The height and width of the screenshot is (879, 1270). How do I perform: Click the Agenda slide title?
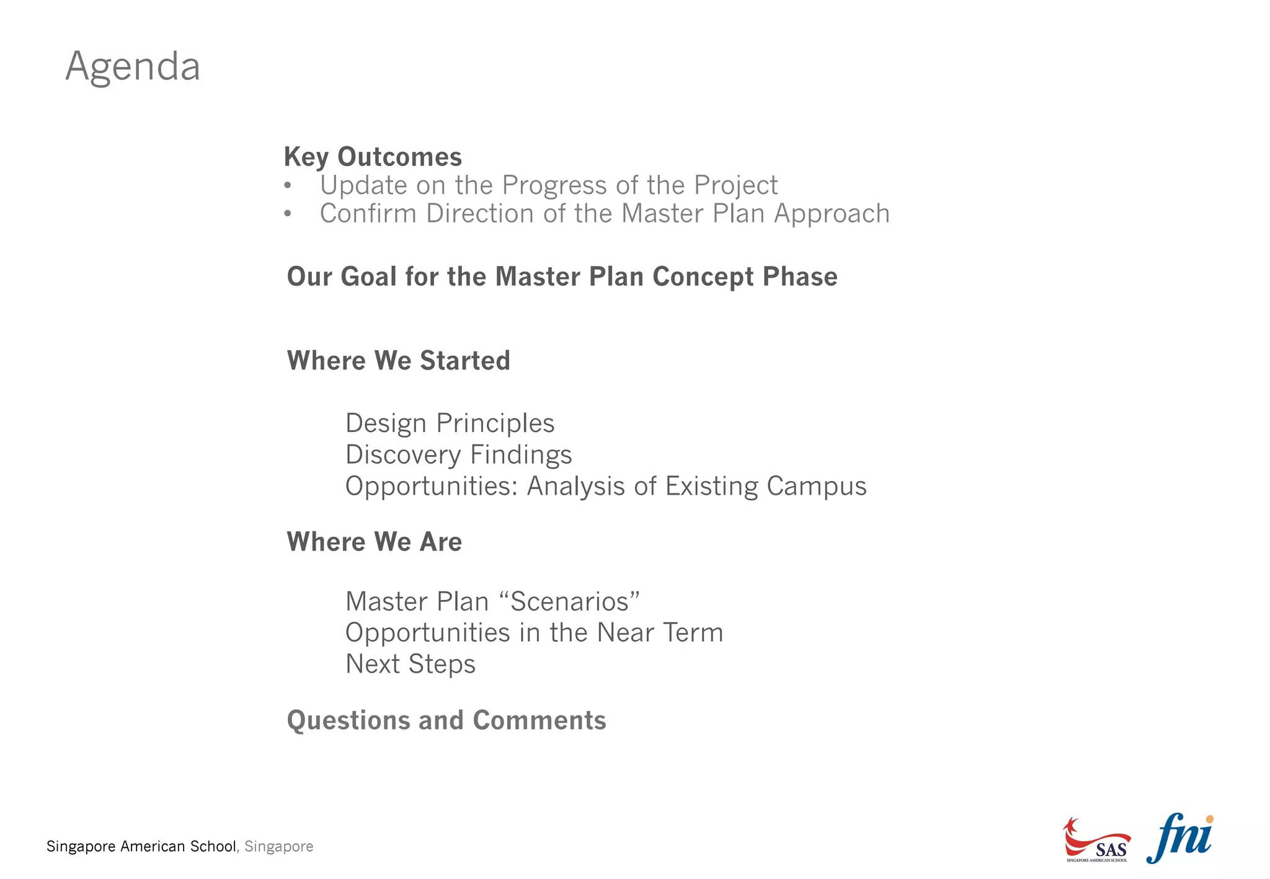[133, 67]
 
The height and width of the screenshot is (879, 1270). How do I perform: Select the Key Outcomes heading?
[373, 157]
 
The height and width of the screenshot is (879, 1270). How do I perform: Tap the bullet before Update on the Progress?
[288, 185]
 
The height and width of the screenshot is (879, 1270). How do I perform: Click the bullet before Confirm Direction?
[288, 214]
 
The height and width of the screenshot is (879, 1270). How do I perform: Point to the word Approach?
[832, 214]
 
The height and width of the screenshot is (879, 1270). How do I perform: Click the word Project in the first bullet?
[735, 186]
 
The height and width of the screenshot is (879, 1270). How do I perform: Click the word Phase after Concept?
[800, 276]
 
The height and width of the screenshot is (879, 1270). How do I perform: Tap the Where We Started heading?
[398, 361]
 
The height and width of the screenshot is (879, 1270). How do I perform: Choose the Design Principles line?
[450, 423]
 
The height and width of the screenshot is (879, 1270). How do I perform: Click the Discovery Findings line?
[458, 455]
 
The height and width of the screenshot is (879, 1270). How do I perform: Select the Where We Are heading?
[374, 542]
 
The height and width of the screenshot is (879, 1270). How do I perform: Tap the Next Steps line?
[410, 664]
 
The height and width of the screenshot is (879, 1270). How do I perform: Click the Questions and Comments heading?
[446, 720]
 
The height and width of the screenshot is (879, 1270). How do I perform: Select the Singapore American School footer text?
[141, 847]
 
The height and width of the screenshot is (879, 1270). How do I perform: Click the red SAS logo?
[1096, 841]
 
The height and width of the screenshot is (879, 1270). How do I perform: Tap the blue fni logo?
[1179, 838]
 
